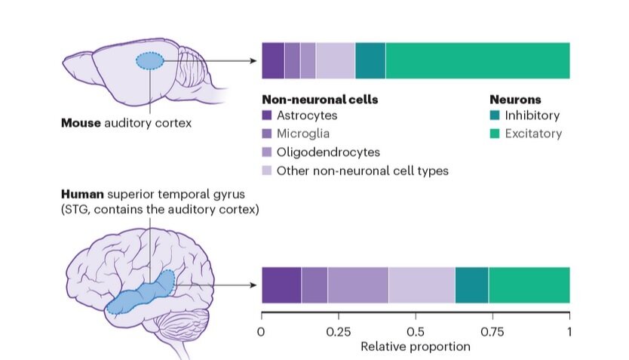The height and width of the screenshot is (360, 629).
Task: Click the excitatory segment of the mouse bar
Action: tap(477, 60)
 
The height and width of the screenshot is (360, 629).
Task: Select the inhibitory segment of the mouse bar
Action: tap(370, 60)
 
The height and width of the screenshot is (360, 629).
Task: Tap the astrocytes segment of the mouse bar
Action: tap(272, 60)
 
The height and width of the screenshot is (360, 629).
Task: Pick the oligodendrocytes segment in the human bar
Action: tap(357, 285)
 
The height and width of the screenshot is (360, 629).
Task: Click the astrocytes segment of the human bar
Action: tap(281, 285)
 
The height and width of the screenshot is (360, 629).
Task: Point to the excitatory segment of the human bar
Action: tap(529, 285)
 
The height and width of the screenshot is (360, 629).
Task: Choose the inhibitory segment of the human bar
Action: tap(471, 285)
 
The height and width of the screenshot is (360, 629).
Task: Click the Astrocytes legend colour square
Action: tap(266, 116)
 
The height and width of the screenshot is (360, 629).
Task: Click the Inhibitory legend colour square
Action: tap(495, 116)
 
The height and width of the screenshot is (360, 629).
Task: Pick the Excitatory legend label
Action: tap(533, 134)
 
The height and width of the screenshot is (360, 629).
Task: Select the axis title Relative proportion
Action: tap(415, 347)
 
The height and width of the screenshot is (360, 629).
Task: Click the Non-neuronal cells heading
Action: tap(319, 99)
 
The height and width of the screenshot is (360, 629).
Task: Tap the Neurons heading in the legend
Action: tap(515, 99)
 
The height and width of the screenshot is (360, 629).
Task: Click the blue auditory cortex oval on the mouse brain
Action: tap(150, 61)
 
